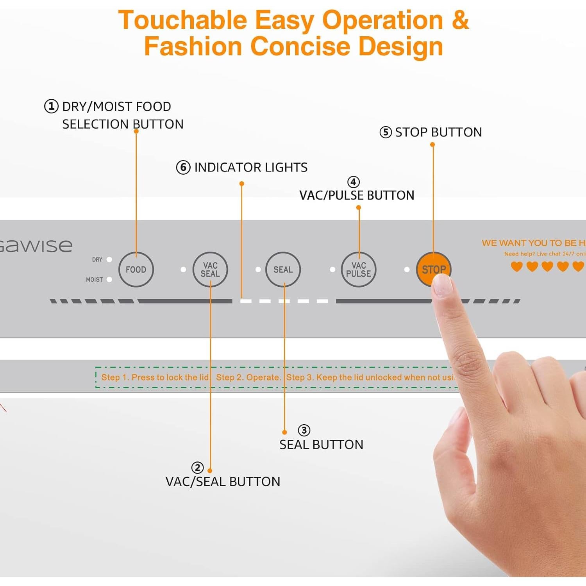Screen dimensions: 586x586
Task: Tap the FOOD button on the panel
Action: [136, 270]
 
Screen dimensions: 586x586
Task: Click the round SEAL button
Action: [283, 270]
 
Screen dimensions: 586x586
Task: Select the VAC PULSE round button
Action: [359, 270]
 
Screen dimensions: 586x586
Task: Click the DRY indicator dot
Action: [109, 259]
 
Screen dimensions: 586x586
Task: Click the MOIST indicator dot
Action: [109, 279]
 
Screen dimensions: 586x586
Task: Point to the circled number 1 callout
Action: [51, 106]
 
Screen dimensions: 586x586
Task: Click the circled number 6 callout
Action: [183, 167]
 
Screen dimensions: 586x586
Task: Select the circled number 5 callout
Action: [386, 132]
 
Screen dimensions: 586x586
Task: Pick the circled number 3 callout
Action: [304, 430]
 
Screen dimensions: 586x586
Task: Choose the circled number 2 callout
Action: [197, 468]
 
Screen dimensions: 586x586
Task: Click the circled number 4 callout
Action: [354, 182]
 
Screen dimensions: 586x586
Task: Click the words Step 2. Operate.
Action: [248, 377]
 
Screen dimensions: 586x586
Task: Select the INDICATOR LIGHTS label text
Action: [251, 167]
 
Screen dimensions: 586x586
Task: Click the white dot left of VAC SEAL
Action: [183, 270]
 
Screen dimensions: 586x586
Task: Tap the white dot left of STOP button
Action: [407, 270]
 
